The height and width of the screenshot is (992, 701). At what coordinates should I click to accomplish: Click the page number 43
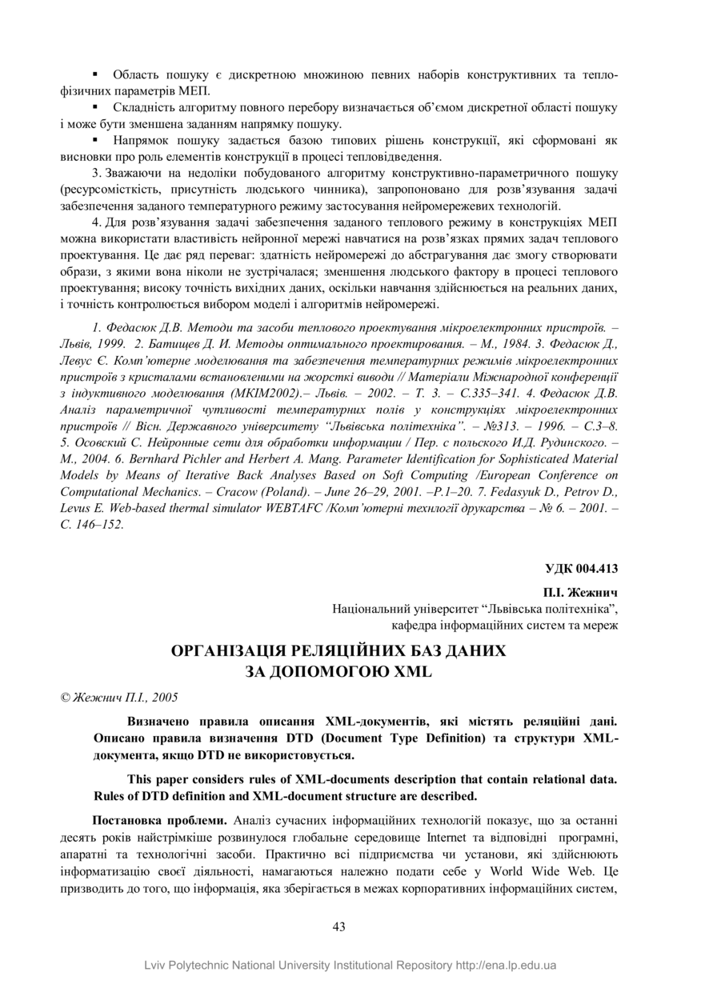338,926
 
